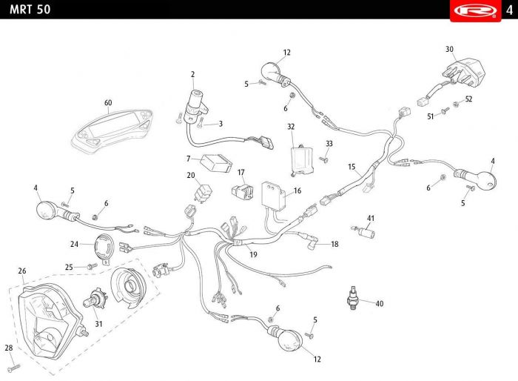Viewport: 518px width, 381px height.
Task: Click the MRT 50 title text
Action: pos(30,10)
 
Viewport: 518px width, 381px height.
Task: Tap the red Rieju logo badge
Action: pos(475,10)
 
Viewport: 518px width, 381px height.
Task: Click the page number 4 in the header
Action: pos(509,10)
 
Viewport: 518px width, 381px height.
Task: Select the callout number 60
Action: pos(108,103)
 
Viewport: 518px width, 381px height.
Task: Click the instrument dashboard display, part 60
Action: pos(112,130)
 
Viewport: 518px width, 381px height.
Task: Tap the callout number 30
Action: pos(449,50)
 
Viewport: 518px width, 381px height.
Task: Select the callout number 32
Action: pos(291,127)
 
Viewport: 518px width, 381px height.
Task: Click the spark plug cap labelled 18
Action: pos(309,242)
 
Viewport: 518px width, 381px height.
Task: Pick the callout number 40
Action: pos(379,304)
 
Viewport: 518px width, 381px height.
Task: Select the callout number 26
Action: pos(21,271)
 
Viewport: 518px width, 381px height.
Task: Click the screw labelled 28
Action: pos(15,367)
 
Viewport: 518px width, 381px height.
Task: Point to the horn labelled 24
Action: pos(105,249)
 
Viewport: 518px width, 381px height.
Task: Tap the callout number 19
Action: pos(253,254)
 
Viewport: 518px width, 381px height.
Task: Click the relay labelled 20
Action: pos(202,193)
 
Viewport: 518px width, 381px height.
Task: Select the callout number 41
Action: pos(371,219)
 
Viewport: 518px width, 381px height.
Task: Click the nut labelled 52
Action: pos(456,105)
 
